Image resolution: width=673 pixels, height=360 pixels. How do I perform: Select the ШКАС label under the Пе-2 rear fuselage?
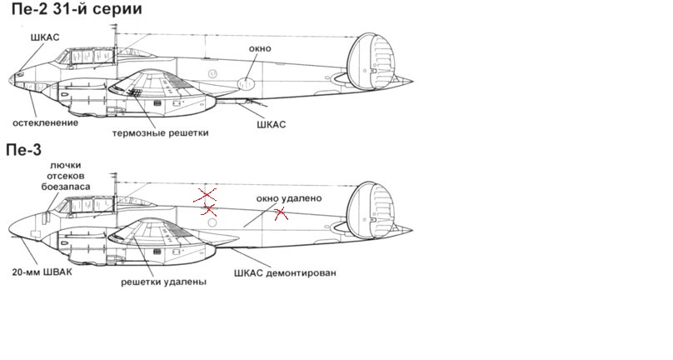268,124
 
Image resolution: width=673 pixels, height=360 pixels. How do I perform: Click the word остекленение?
45,122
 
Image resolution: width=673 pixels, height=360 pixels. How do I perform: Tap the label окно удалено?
289,198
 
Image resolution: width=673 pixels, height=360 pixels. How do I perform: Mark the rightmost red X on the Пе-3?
282,214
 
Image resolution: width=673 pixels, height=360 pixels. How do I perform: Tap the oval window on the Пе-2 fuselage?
247,83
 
